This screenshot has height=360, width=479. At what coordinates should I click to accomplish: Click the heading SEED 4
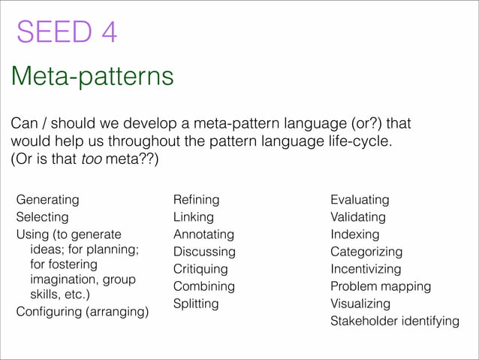(67, 33)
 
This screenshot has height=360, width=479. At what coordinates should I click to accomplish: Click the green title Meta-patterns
(92, 76)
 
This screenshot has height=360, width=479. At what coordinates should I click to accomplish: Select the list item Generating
(47, 200)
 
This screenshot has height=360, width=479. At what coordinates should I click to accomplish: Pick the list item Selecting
(42, 217)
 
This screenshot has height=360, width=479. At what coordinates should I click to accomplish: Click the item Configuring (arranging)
(83, 311)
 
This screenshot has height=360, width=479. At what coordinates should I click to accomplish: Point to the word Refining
(196, 200)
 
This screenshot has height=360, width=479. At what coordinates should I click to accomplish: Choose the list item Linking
(194, 217)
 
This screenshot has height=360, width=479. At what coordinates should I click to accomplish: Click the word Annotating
(203, 234)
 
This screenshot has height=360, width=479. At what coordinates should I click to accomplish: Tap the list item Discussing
(204, 252)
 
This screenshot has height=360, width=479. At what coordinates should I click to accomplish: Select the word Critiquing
(200, 269)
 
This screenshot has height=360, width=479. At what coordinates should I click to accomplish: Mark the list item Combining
(203, 286)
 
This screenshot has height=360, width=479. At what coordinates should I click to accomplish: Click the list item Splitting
(196, 304)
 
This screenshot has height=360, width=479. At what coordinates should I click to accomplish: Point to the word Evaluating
(360, 200)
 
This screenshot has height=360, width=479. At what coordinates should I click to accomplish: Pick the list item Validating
(358, 217)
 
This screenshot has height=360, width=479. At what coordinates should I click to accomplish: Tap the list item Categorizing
(366, 252)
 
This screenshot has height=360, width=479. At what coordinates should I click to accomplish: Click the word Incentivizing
(366, 269)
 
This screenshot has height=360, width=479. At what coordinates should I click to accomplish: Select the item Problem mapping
(381, 286)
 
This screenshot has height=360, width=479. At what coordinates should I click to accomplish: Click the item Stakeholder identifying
(395, 321)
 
